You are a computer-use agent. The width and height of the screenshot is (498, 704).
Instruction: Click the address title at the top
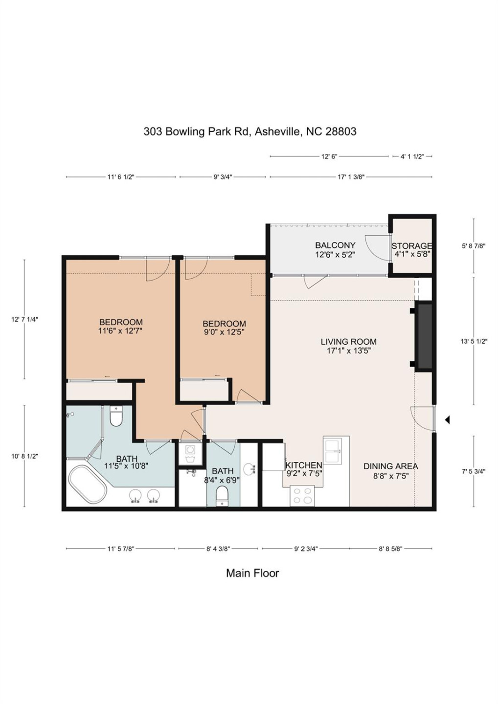coord(249,132)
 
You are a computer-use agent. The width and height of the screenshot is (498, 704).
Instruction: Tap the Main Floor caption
coord(252,573)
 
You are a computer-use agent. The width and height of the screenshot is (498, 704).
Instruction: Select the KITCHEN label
coord(303,465)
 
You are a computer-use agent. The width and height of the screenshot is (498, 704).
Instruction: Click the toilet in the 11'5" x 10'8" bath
coord(116,417)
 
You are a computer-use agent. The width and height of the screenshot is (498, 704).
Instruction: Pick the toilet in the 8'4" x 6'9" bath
coord(223,495)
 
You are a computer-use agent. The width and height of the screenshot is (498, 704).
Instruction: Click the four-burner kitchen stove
coord(302,496)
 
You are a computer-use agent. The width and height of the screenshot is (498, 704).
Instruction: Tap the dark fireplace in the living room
coord(424,335)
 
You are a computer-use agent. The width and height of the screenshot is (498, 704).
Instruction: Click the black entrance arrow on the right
coord(447,419)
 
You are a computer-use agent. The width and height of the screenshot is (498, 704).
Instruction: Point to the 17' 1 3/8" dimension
coord(351,177)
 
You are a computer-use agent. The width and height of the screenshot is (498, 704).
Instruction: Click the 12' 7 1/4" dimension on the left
coord(24,319)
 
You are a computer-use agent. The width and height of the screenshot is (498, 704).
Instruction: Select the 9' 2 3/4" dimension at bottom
coord(306,549)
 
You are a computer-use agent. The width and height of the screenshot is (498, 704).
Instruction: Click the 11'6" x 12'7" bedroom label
coord(121,326)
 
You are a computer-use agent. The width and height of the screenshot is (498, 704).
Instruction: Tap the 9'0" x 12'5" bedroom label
coord(224,328)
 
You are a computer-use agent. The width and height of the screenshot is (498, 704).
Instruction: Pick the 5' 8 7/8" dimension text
coord(473,246)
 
